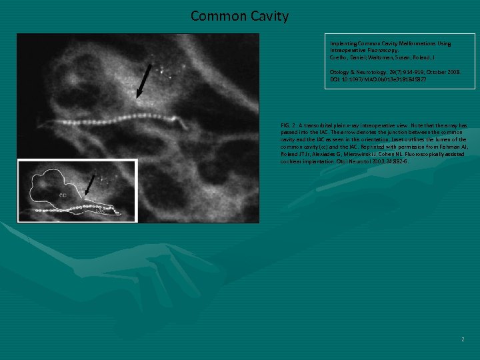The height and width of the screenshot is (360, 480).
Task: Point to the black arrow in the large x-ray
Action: tap(143, 83)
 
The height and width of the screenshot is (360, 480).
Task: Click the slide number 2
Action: tap(462, 339)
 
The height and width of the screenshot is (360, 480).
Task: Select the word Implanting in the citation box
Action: tap(343, 44)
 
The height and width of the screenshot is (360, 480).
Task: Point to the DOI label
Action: tap(335, 79)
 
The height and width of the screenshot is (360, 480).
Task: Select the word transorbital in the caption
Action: tap(324, 125)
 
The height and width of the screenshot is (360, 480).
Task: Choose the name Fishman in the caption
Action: tap(453, 146)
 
